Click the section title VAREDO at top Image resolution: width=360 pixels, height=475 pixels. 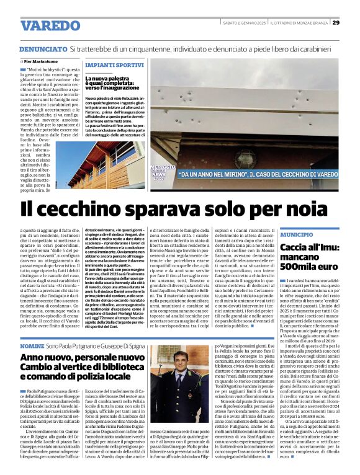47,26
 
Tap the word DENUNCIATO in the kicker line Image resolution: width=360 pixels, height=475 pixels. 42,48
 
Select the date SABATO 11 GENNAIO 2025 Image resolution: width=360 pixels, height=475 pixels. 245,23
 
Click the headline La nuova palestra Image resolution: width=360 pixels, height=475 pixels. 109,79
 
